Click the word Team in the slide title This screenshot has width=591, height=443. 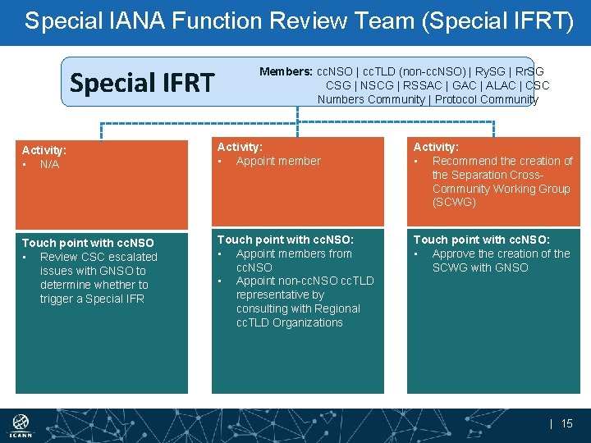tap(344, 21)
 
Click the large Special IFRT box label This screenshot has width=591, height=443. tap(142, 83)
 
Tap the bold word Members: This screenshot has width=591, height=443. tap(286, 72)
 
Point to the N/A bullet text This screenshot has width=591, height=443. tap(49, 164)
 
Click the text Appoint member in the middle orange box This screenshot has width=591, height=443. tap(278, 161)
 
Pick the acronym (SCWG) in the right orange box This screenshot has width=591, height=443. tap(454, 202)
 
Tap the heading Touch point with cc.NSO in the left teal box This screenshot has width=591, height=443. tap(87, 243)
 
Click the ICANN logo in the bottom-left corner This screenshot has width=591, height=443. tap(22, 426)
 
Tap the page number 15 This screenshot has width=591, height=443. tap(566, 423)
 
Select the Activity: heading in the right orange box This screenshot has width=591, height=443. tap(436, 147)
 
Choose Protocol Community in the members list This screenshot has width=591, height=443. tap(487, 100)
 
